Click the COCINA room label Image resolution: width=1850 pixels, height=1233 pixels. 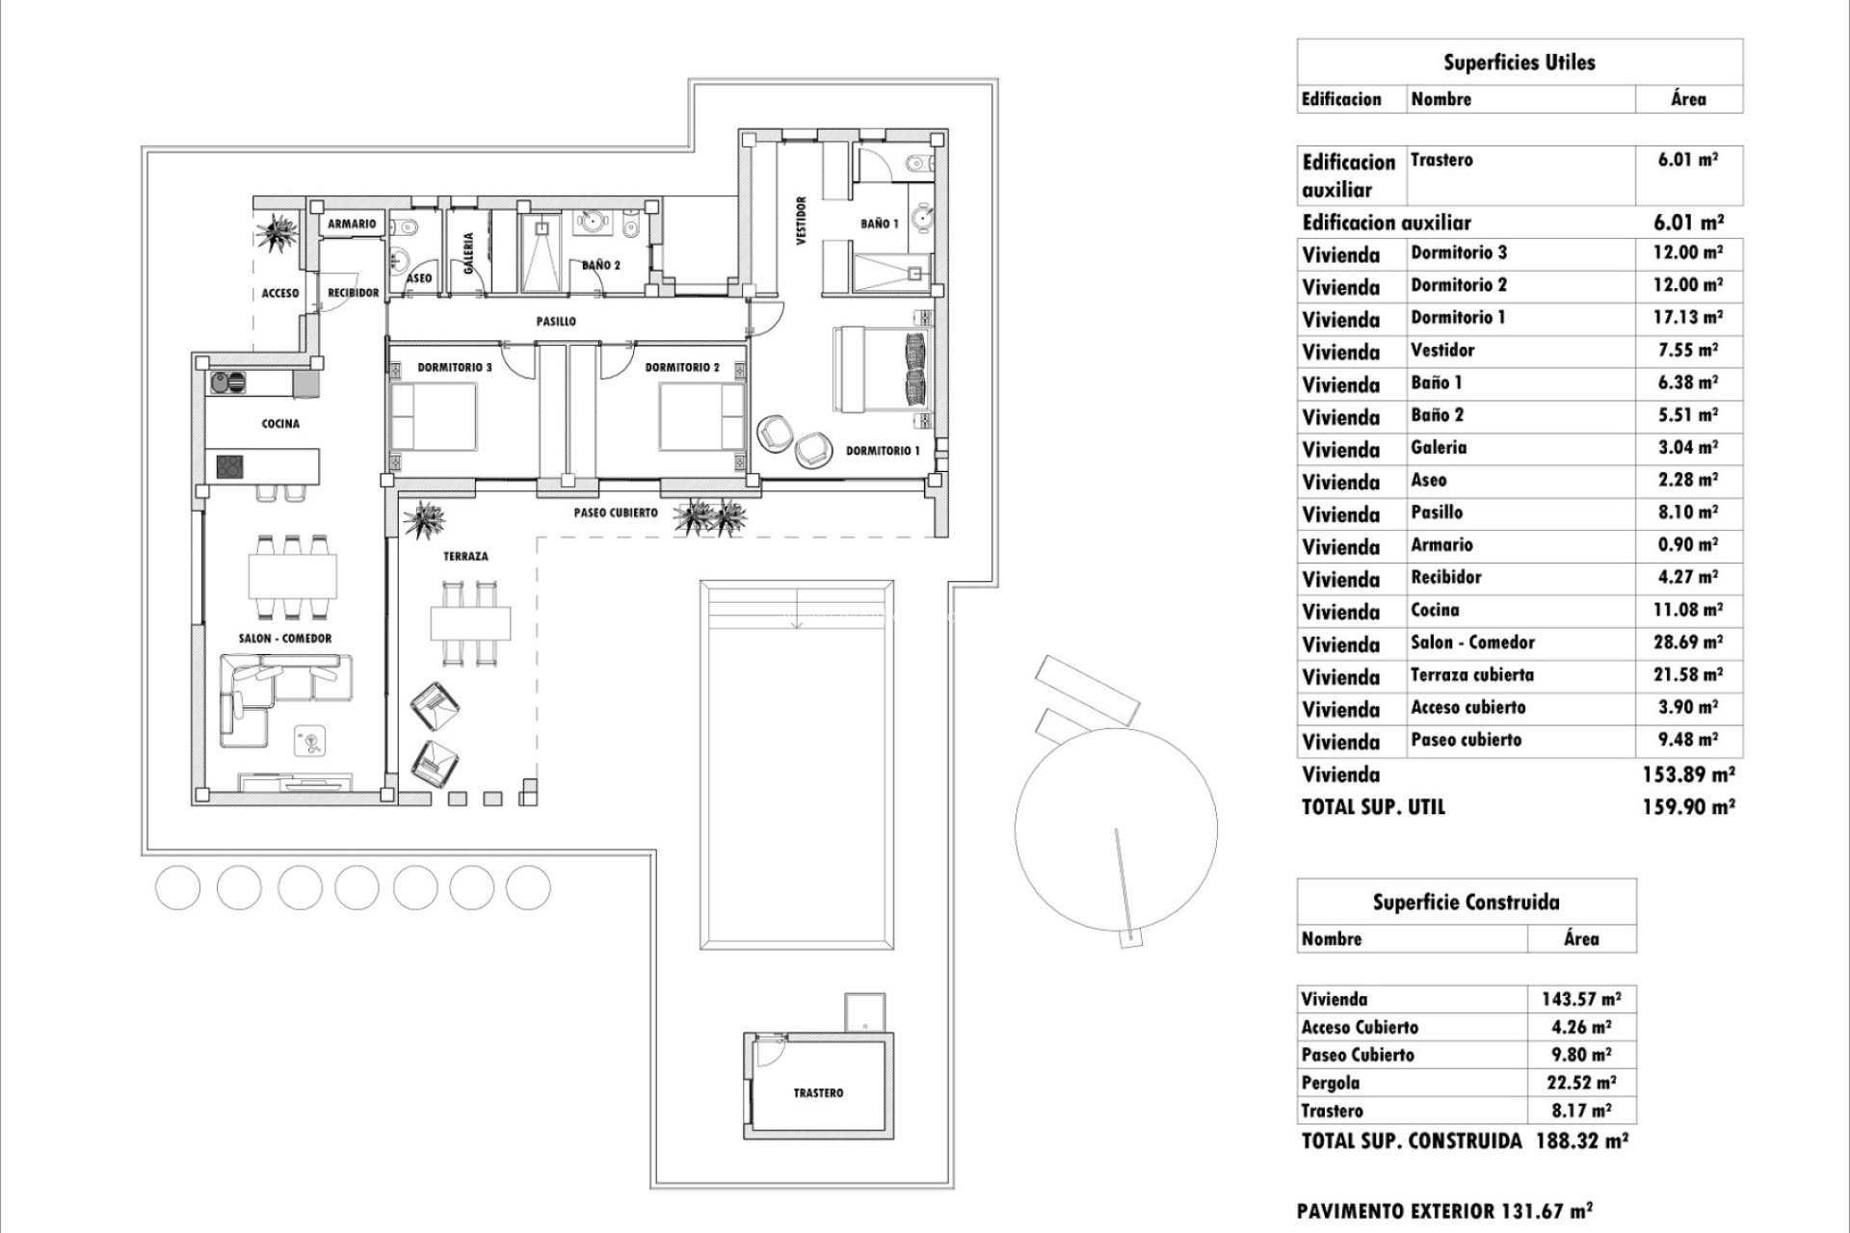tap(280, 424)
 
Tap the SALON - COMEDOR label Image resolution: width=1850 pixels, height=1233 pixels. tap(285, 639)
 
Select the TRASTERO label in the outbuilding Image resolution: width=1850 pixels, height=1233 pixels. tap(818, 1093)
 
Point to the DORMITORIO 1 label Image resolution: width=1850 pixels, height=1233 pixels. tap(883, 451)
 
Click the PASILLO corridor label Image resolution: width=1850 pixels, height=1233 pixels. tap(556, 322)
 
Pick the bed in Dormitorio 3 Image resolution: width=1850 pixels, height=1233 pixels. tap(434, 415)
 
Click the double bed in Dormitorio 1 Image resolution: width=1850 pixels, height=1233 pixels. tap(882, 370)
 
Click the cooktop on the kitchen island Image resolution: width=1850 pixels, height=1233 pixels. tap(229, 467)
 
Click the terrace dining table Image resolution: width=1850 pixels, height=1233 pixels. tap(470, 623)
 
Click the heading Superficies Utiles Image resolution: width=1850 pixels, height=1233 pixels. tap(1519, 63)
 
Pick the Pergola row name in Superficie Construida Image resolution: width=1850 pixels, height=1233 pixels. tap(1330, 1083)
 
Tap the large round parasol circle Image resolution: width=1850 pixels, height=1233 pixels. tap(1115, 828)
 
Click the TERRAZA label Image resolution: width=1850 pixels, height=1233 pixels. tap(465, 557)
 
